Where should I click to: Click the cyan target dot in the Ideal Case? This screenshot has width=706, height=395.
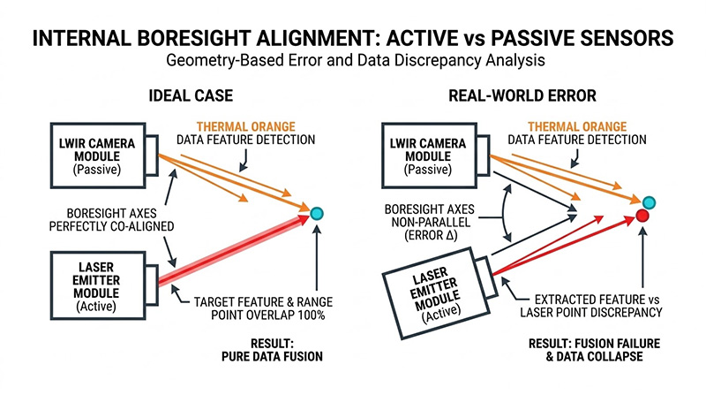tap(317, 213)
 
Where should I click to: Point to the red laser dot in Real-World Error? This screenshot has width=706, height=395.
tap(642, 216)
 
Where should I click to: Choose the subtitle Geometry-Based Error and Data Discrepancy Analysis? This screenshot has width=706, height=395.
tap(352, 63)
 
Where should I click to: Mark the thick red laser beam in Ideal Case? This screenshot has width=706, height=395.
tap(234, 250)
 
